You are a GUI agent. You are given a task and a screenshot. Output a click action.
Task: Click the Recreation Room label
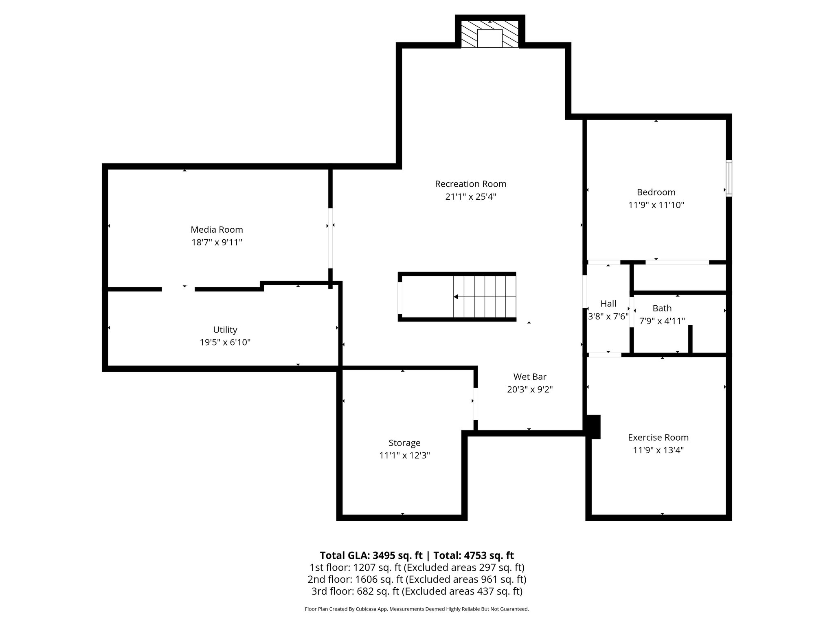[x=470, y=184]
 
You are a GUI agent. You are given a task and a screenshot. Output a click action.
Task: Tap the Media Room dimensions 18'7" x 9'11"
[x=217, y=242]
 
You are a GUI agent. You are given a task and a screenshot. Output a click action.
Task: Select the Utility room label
[x=225, y=330]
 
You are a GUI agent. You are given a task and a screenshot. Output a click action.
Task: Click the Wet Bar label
[x=529, y=377]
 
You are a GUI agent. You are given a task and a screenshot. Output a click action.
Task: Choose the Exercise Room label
[x=658, y=437]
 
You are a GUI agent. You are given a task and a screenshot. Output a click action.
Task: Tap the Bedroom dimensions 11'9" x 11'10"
[x=656, y=205]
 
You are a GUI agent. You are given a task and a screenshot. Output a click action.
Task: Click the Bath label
[x=662, y=308]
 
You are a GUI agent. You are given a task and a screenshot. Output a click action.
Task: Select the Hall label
[x=608, y=304]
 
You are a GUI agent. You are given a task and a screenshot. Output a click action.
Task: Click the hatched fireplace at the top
[x=489, y=34]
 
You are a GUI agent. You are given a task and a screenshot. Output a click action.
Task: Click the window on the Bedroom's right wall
[x=729, y=179]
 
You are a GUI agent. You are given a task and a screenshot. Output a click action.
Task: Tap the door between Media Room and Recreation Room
[x=330, y=238]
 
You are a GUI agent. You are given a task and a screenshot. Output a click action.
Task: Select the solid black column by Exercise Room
[x=593, y=427]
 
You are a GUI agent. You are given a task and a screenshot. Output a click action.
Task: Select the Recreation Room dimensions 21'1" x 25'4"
[x=470, y=197]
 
